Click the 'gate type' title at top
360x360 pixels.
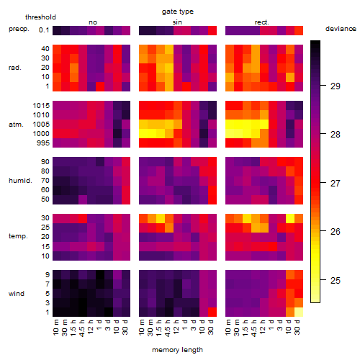click(x=178, y=12)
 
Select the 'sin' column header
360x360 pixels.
click(x=177, y=22)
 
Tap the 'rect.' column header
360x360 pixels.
click(x=261, y=22)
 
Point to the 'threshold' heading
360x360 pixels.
click(x=40, y=17)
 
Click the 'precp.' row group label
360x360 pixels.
click(x=19, y=29)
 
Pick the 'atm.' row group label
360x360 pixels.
click(x=16, y=125)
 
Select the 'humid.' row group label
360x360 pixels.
click(x=20, y=180)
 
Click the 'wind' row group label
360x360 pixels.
click(x=17, y=294)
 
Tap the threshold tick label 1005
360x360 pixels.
click(x=41, y=125)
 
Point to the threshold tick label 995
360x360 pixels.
click(x=43, y=143)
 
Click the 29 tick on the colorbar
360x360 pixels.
click(x=336, y=86)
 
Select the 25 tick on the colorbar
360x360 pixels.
click(x=336, y=280)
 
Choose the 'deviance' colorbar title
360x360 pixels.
click(x=341, y=29)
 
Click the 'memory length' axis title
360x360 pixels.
click(x=177, y=350)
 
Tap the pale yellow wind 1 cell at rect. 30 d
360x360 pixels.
click(x=299, y=312)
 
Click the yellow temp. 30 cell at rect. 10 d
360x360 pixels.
click(x=290, y=218)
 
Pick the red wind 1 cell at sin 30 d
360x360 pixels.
click(x=212, y=312)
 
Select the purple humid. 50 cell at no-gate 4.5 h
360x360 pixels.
click(x=83, y=199)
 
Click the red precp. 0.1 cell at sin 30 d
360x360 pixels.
click(x=212, y=30)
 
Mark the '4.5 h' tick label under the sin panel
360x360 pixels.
click(x=168, y=328)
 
